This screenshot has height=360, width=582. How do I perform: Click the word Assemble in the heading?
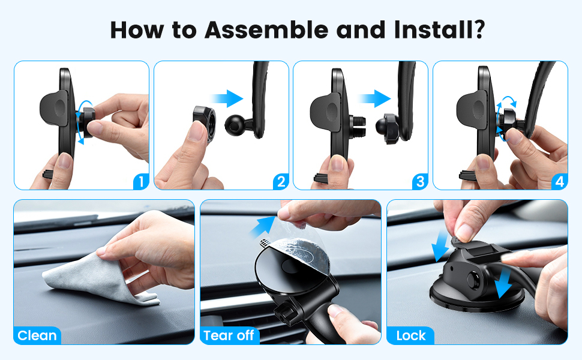tap(266, 29)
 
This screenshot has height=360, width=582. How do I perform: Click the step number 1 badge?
tap(141, 181)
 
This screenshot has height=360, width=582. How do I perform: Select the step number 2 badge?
tap(281, 181)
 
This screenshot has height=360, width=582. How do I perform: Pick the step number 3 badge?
tap(420, 181)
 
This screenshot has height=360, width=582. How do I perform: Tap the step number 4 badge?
tap(560, 181)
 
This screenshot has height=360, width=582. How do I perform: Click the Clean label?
tap(37, 335)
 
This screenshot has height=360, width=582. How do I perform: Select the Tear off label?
tap(229, 335)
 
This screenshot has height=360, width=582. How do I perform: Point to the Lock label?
tap(410, 335)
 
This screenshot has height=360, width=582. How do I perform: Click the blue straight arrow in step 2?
tap(227, 99)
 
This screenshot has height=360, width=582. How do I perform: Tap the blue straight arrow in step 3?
tap(375, 99)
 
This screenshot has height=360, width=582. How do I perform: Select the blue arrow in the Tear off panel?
tap(263, 226)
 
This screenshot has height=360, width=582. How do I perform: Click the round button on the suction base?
tap(473, 281)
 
